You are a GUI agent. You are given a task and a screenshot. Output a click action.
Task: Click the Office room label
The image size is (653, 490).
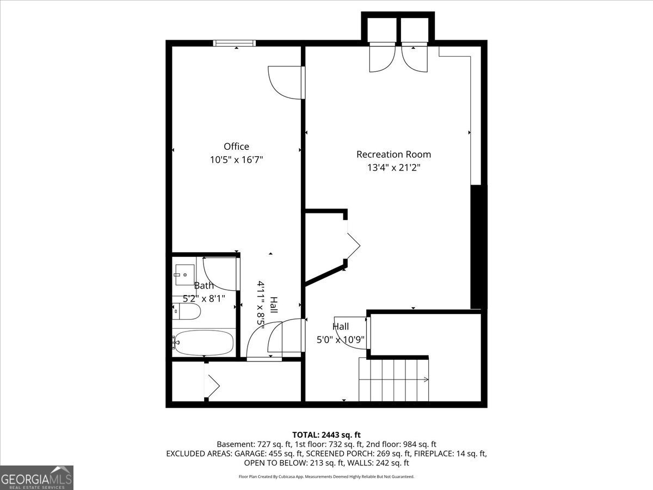pyautogui.click(x=236, y=146)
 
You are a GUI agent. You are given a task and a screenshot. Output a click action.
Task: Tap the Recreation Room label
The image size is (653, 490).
pyautogui.click(x=393, y=154)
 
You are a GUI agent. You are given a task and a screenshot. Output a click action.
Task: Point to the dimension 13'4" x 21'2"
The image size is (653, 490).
pyautogui.click(x=393, y=168)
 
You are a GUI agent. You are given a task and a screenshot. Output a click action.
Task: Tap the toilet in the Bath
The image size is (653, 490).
pyautogui.click(x=187, y=311)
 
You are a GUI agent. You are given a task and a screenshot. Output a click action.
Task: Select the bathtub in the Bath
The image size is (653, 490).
pyautogui.click(x=204, y=342)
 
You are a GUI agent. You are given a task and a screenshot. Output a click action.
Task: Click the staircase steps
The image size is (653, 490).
pyautogui.click(x=393, y=379)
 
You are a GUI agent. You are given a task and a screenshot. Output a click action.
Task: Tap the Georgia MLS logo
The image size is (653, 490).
pyautogui.click(x=36, y=477)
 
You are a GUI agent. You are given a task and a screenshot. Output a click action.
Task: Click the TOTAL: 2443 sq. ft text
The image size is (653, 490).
pyautogui.click(x=326, y=434)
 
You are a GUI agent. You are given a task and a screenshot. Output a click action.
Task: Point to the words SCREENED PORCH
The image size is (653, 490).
pyautogui.click(x=335, y=454)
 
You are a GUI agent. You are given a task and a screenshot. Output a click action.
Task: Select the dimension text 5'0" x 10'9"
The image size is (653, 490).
pyautogui.click(x=341, y=340)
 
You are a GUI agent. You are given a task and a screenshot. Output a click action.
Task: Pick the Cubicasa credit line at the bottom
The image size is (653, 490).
pyautogui.click(x=326, y=476)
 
